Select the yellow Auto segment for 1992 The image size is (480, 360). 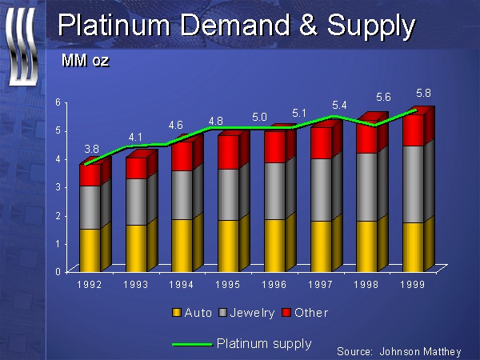pos(90,250)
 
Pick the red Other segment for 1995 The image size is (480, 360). pos(229,152)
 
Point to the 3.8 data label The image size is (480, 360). pos(93,149)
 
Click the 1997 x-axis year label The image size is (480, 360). pos(322,283)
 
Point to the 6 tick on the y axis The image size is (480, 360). pos(58,102)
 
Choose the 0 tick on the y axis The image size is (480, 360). pos(58,271)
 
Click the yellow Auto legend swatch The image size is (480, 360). pos(177,313)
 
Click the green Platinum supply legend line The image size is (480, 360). pos(191,343)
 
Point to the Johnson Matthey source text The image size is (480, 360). pos(424,351)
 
